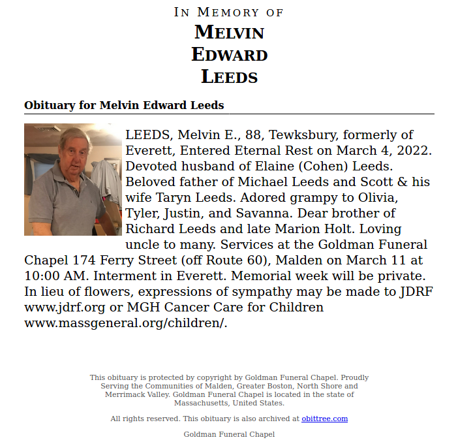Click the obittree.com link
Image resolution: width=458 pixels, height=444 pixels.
pyautogui.click(x=324, y=419)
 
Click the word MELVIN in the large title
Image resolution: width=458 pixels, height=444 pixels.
pyautogui.click(x=229, y=31)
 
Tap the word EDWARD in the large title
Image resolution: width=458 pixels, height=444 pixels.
pyautogui.click(x=229, y=54)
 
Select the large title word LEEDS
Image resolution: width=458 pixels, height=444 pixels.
pyautogui.click(x=229, y=76)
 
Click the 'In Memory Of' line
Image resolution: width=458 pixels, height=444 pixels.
pyautogui.click(x=229, y=12)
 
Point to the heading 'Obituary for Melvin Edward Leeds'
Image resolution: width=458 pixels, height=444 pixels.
pyautogui.click(x=124, y=105)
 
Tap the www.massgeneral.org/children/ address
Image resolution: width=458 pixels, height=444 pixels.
pyautogui.click(x=126, y=323)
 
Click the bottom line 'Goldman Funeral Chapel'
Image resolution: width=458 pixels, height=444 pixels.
pyautogui.click(x=229, y=434)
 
